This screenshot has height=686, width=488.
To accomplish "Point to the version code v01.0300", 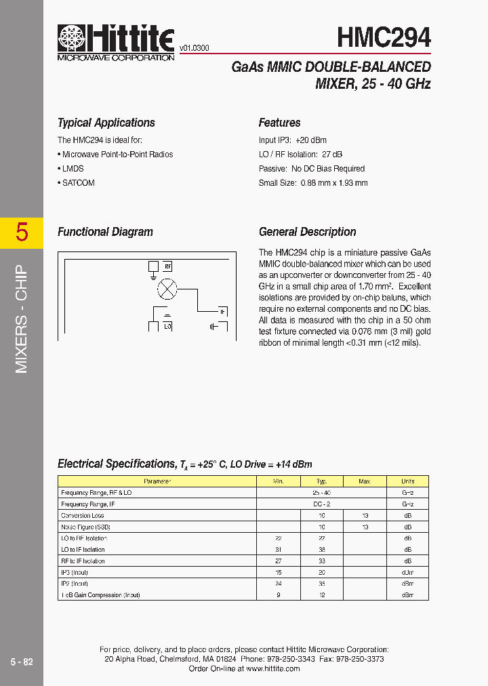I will pyautogui.click(x=194, y=48).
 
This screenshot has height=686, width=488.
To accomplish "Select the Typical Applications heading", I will pyautogui.click(x=106, y=123).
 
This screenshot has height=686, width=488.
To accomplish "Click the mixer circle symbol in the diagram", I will pyautogui.click(x=167, y=290).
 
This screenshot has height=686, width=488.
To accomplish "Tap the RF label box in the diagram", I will pyautogui.click(x=168, y=266).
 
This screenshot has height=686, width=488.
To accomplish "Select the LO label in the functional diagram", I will pyautogui.click(x=167, y=326).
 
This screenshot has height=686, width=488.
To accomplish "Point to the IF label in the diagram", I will pyautogui.click(x=221, y=312).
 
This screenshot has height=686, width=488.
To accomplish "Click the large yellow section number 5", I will pyautogui.click(x=22, y=233).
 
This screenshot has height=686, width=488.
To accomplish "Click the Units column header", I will pyautogui.click(x=407, y=481).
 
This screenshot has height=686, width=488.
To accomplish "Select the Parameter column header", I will pyautogui.click(x=157, y=481).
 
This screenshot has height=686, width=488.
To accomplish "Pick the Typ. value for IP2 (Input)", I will pyautogui.click(x=321, y=584).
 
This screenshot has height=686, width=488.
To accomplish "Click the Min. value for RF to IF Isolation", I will pyautogui.click(x=278, y=561).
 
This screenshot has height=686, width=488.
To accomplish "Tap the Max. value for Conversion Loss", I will pyautogui.click(x=365, y=515).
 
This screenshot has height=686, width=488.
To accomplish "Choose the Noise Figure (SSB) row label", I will pyautogui.click(x=85, y=527).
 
